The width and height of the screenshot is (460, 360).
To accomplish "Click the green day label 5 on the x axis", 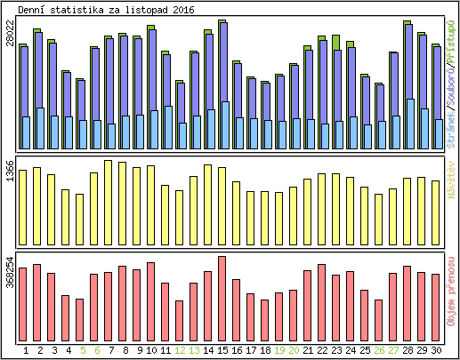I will (x=83, y=350).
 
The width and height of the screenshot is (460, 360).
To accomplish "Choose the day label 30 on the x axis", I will (x=436, y=350).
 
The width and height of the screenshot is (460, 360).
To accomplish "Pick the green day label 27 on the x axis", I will (x=393, y=350).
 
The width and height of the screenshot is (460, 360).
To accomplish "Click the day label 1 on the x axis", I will (x=26, y=350).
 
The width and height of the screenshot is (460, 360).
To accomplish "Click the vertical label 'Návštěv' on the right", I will (x=451, y=179).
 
